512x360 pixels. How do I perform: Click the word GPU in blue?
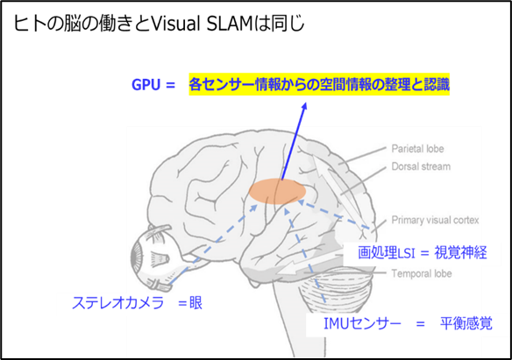pyautogui.click(x=146, y=85)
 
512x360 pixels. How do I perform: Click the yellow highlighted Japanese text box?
pyautogui.click(x=319, y=84)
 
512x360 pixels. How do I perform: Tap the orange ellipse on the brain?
pyautogui.click(x=278, y=192)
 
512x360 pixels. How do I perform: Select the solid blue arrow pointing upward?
pyautogui.click(x=294, y=141)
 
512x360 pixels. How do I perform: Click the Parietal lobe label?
pyautogui.click(x=417, y=149)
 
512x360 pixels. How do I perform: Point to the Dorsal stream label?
pyautogui.click(x=421, y=166)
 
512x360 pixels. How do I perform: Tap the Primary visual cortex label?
pyautogui.click(x=435, y=220)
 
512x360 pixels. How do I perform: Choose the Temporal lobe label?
pyautogui.click(x=422, y=273)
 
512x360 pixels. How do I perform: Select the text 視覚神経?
pyautogui.click(x=460, y=253)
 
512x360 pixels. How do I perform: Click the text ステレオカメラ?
pyautogui.click(x=117, y=303)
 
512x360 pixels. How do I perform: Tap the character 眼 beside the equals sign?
pyautogui.click(x=196, y=303)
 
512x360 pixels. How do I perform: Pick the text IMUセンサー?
pyautogui.click(x=362, y=323)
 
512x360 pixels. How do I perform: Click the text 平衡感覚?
pyautogui.click(x=466, y=323)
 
